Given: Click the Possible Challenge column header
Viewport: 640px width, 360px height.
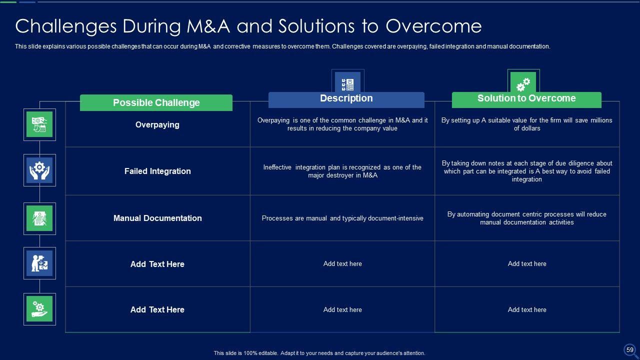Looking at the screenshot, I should point(156,102).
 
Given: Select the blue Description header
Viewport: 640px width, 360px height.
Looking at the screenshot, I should point(346,98).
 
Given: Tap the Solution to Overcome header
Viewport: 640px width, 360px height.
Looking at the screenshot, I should point(526,98).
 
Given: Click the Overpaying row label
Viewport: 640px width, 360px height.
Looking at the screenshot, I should point(157,124).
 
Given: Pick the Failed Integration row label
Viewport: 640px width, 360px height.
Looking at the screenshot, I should point(157,171).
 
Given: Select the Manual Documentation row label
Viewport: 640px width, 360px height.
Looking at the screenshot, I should point(157,218).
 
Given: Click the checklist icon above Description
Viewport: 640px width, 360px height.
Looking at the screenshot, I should point(347,83).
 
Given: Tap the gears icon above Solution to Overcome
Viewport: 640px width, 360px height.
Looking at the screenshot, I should point(523,82).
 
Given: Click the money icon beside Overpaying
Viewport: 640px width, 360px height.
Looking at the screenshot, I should point(39,124).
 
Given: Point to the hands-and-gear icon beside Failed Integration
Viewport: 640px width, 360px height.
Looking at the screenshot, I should point(39,170).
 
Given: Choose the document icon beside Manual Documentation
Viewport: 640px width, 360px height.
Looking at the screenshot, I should point(39,218).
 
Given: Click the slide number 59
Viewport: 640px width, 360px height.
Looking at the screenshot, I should point(629,350).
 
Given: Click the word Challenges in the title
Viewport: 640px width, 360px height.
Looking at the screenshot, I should point(59,26).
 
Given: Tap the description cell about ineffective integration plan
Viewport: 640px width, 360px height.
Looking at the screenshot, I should point(342,171).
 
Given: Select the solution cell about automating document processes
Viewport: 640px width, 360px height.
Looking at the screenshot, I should point(526,218).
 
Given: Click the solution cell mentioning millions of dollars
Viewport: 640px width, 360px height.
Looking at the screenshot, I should point(526,124).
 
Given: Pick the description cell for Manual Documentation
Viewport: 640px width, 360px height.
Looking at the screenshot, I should point(342,218).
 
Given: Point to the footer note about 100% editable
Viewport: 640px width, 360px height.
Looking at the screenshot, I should point(319,353).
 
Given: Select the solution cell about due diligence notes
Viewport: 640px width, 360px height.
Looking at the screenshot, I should point(526,171).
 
